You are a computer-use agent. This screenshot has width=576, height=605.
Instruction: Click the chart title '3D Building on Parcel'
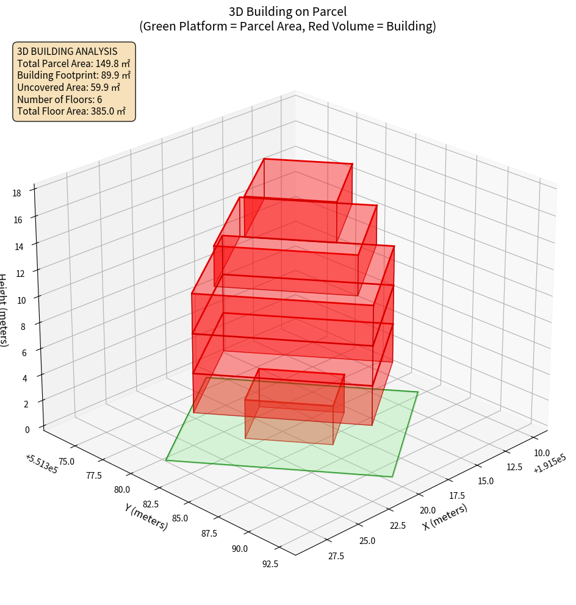point(287,11)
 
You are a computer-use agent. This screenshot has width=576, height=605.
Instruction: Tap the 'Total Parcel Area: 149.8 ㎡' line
point(74,63)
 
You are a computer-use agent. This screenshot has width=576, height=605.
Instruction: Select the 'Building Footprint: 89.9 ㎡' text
point(74,75)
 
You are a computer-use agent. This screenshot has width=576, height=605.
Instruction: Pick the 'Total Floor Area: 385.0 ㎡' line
point(71,111)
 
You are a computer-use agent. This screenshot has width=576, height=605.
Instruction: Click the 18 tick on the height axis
point(16,193)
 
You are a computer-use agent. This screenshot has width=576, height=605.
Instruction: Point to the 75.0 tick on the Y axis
point(65,461)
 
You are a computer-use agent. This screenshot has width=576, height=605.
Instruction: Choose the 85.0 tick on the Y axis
point(180,518)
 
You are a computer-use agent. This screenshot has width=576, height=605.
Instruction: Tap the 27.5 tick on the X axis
point(336,556)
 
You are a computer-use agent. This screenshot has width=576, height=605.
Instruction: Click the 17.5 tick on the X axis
point(456,495)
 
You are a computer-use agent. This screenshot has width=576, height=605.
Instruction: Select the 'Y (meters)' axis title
point(146,517)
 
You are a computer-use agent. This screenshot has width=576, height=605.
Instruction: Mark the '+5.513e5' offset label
point(41,464)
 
